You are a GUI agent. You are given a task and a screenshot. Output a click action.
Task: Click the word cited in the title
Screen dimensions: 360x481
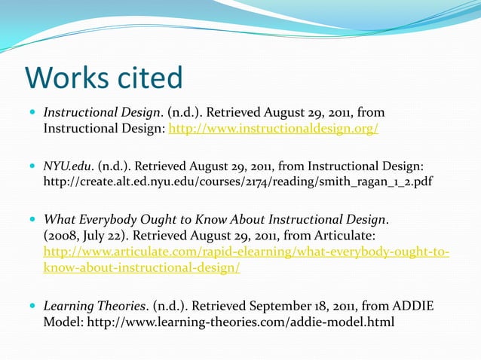pos(148,78)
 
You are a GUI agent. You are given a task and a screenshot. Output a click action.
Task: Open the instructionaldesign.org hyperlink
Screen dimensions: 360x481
pos(273,129)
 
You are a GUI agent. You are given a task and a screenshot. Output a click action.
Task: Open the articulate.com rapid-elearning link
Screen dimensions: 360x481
pos(247,251)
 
